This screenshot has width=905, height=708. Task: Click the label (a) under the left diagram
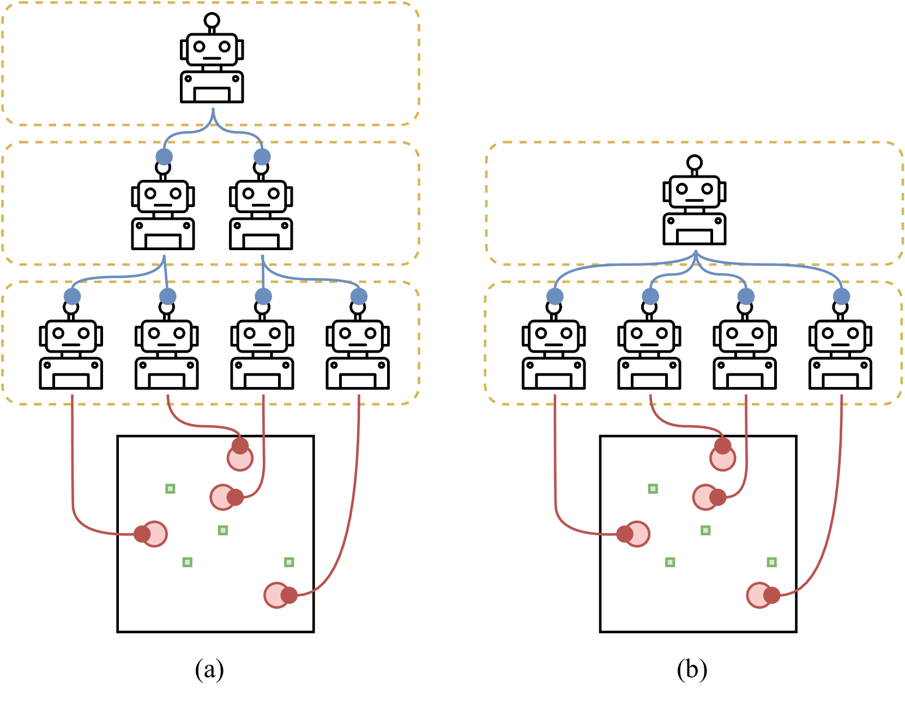(x=209, y=669)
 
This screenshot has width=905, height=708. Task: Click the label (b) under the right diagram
(x=692, y=669)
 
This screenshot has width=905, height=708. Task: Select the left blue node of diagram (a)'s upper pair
(x=164, y=157)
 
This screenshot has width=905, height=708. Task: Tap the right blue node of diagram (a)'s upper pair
(x=262, y=157)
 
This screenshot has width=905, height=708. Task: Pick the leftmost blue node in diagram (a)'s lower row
(x=73, y=296)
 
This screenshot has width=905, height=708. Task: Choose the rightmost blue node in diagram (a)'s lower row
(x=359, y=296)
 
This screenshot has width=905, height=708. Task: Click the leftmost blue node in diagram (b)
(x=555, y=296)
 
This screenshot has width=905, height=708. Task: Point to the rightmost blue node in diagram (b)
(x=842, y=296)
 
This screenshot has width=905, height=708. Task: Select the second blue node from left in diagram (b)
(x=650, y=296)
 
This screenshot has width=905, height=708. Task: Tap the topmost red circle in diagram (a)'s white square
(x=240, y=457)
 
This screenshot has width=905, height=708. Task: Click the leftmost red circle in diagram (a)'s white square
(x=153, y=534)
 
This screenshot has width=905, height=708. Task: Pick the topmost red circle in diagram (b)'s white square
(x=723, y=457)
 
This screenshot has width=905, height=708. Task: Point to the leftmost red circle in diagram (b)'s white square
(x=636, y=534)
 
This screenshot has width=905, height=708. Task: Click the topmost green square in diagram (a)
(x=170, y=489)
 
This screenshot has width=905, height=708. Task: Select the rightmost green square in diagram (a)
(x=289, y=562)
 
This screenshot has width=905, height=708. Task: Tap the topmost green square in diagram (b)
(x=653, y=489)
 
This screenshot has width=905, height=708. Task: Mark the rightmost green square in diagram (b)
(x=771, y=562)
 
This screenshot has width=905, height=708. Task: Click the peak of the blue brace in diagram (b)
(x=696, y=252)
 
